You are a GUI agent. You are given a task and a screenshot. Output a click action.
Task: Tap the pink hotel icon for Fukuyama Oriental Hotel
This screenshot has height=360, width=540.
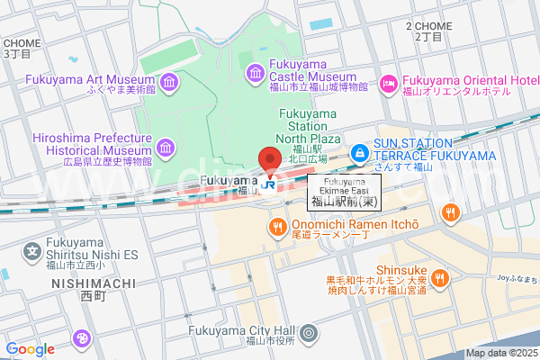388,84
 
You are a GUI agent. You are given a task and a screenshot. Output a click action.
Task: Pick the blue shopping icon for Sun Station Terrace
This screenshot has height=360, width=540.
359,154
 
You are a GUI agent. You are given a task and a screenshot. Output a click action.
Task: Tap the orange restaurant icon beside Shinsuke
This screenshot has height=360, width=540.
440,277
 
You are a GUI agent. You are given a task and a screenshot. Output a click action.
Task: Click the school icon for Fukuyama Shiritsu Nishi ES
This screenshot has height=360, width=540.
33,249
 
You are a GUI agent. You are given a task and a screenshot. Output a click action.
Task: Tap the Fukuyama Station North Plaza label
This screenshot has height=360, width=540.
308,126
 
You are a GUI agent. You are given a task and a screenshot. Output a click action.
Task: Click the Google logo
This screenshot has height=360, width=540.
30,349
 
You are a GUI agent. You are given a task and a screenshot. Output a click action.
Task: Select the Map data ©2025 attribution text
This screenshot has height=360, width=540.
500,354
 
